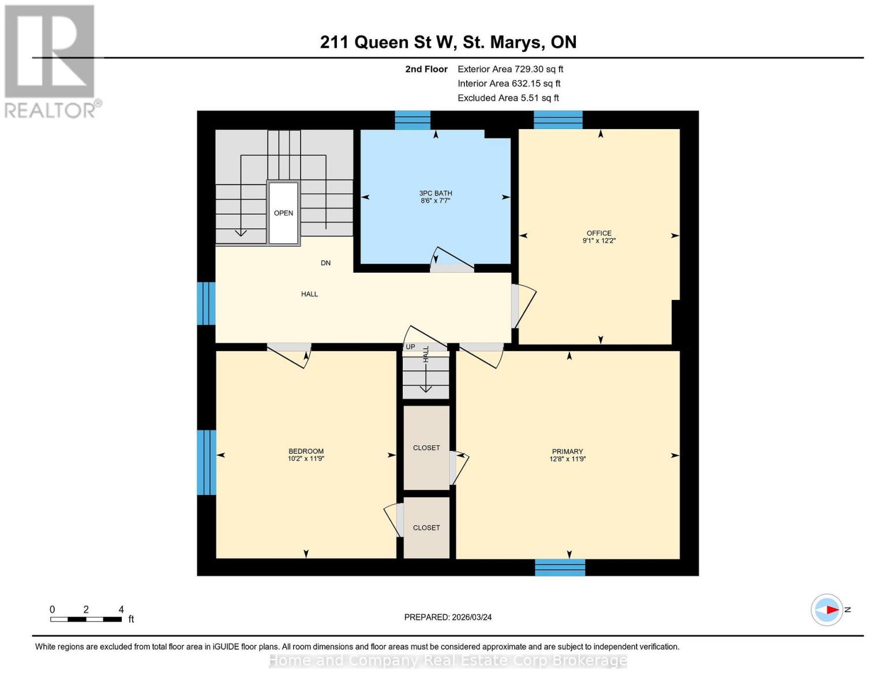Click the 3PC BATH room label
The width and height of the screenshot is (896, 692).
click(x=436, y=193)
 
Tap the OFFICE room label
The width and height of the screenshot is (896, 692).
click(x=599, y=233)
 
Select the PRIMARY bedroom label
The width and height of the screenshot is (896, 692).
click(x=567, y=452)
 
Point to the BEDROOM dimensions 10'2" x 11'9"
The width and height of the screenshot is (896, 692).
click(x=306, y=459)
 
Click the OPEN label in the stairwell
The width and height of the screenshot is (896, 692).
click(x=283, y=213)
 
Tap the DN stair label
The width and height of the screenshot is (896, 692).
click(x=325, y=263)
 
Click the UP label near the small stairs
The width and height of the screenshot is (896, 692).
click(x=410, y=347)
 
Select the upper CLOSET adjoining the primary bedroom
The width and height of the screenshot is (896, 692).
click(x=426, y=447)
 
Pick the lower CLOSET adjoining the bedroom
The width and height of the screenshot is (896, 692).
click(x=426, y=528)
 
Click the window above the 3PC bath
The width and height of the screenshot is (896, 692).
click(x=413, y=120)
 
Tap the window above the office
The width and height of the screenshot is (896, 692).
click(x=558, y=120)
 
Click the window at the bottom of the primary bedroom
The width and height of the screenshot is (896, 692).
click(x=560, y=567)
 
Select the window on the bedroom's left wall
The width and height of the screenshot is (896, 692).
click(x=206, y=462)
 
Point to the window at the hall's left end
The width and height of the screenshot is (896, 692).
click(x=206, y=303)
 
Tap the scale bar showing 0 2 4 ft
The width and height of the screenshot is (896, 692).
click(x=86, y=619)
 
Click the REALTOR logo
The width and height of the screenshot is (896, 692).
click(x=51, y=61)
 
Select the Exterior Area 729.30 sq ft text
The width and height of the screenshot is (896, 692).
click(x=510, y=69)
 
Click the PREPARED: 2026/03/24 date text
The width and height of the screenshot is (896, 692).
click(x=448, y=617)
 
